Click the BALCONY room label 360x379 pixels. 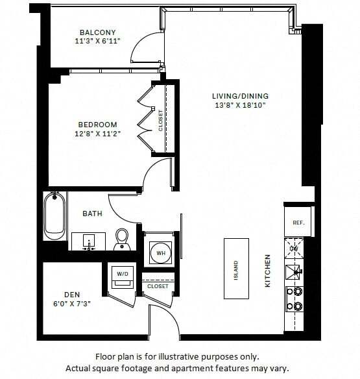point(97,33)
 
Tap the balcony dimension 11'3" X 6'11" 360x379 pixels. point(97,42)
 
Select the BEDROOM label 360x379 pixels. point(97,125)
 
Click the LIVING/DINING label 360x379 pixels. point(239,96)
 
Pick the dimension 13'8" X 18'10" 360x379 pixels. point(239,105)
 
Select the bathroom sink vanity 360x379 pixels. point(88,241)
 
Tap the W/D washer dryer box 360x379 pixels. point(123,275)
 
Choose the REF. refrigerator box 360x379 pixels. point(298,222)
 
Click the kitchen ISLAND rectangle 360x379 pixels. point(236,267)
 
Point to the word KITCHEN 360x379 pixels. point(268,271)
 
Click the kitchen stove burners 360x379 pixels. point(294,299)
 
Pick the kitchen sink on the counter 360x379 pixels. point(294,271)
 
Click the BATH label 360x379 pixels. point(92,213)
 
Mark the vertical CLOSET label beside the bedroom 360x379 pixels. point(161,120)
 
